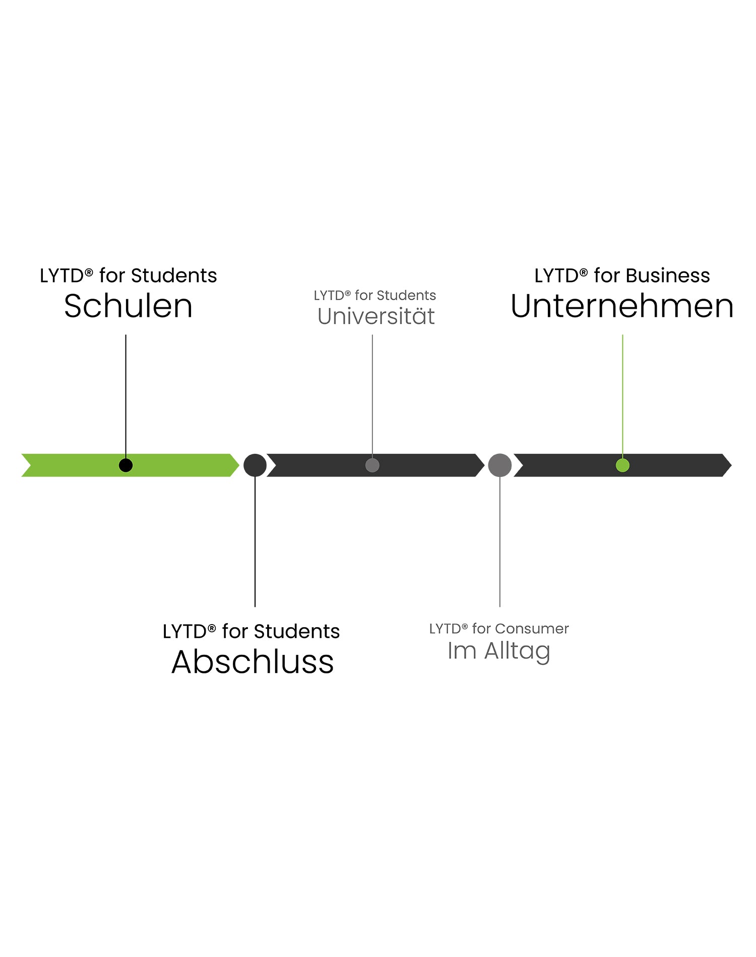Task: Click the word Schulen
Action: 129,306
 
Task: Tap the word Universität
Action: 376,316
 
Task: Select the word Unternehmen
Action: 622,306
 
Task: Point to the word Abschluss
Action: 253,662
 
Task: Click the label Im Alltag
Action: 498,651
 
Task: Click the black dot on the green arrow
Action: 126,465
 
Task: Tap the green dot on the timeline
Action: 622,465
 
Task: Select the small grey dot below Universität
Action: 372,465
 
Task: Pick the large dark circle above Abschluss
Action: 255,465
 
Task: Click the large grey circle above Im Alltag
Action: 500,465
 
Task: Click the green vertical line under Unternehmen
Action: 622,393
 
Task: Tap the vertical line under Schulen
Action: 126,393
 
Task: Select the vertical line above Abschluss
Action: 255,544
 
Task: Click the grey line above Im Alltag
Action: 500,544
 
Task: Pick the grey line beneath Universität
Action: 372,393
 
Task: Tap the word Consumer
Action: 532,629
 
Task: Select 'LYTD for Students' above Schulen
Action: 129,276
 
